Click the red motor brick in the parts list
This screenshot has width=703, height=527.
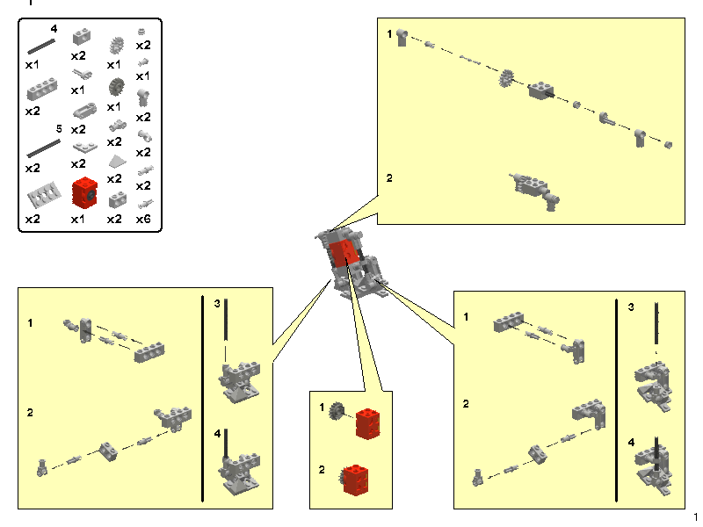(83, 191)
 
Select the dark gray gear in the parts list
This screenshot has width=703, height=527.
(114, 86)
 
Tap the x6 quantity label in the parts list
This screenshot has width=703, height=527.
(143, 219)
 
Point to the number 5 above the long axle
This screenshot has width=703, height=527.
(57, 128)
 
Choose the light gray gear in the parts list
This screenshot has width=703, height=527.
(114, 45)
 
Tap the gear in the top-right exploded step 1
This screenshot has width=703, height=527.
(504, 81)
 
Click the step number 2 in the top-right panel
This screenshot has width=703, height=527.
(390, 177)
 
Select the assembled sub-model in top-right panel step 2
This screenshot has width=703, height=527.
(534, 188)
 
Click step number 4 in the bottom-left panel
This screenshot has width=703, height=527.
(217, 433)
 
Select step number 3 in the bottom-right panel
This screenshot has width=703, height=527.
(631, 307)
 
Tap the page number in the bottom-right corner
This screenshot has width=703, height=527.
(695, 516)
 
